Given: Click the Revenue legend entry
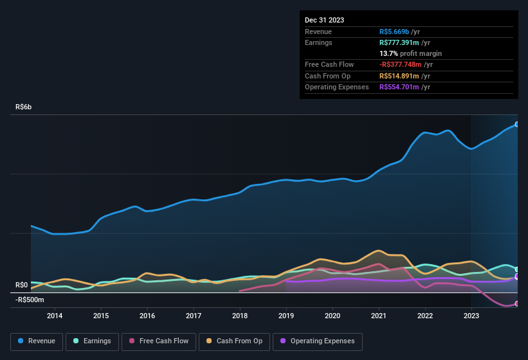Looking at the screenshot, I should pos(37,341).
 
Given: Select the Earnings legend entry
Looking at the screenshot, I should pos(92,341).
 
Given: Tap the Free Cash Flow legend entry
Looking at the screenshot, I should pos(159,341).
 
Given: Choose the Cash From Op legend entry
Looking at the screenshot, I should pos(234,341).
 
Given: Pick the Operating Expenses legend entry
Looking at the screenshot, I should pos(317,341).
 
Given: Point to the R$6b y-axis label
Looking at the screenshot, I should pos(23,107).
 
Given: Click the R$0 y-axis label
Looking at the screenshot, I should pos(22,285).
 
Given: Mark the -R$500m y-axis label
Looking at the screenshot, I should pos(30,300).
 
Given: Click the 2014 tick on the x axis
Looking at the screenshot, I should pos(55,316).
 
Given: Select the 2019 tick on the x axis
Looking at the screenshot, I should pos(286,316).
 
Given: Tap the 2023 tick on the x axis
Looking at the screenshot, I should pos(471,316).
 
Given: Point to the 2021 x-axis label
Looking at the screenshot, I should pos(379,316).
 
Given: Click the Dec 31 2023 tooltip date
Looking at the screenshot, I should pos(325,20).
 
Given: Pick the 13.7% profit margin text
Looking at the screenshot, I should pos(410,53).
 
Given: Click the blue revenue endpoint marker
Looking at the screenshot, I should pos(517,124).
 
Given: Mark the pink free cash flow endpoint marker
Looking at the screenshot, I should pos(517,304).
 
